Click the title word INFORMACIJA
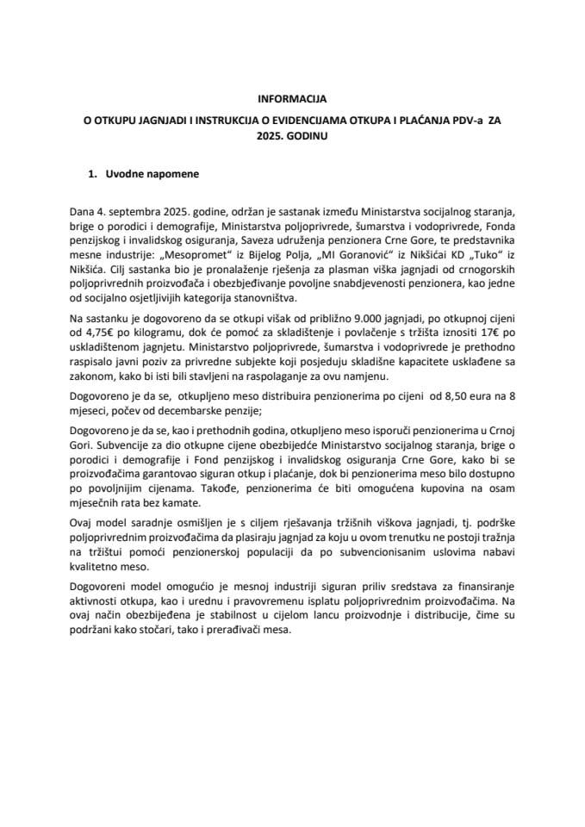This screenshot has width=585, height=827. click(292, 99)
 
